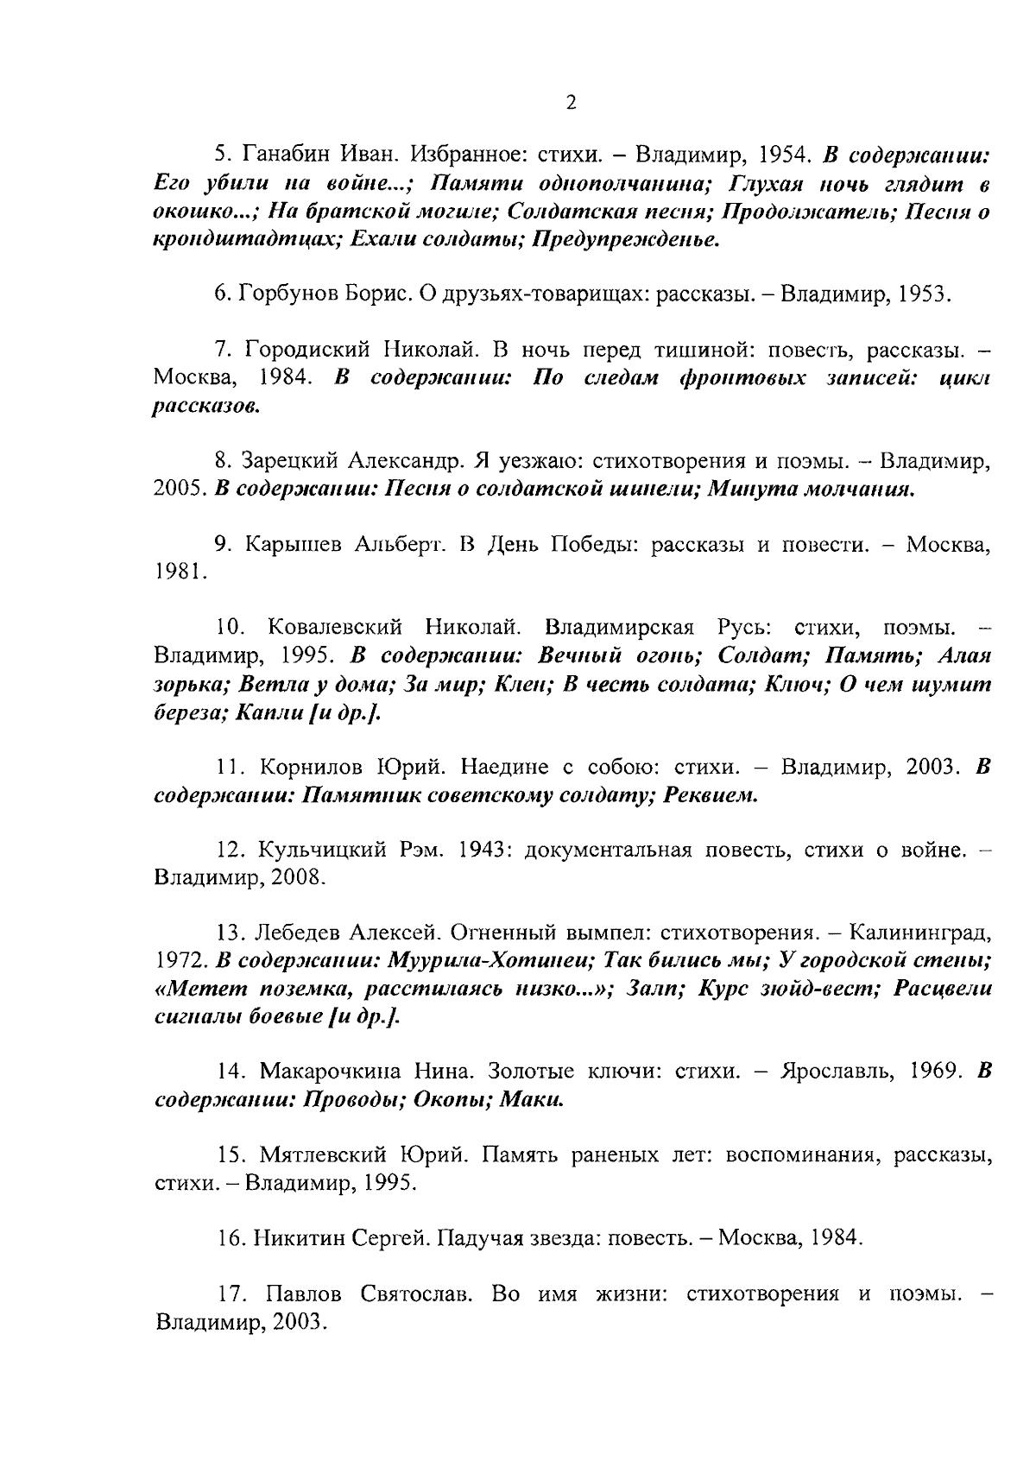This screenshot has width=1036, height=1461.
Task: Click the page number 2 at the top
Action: click(x=570, y=103)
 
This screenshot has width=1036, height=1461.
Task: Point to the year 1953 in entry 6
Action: click(x=923, y=294)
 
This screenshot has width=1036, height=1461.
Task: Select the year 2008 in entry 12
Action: click(x=298, y=878)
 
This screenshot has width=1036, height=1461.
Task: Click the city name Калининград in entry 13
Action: click(x=920, y=933)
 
